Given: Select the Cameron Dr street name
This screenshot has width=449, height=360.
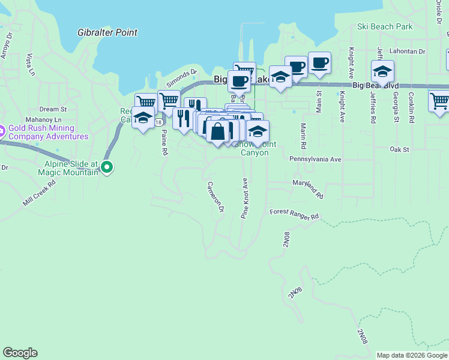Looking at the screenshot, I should [x=215, y=196].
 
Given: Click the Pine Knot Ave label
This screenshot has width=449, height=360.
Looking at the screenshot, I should [x=245, y=198].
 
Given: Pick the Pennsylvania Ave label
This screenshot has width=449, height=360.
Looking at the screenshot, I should [x=315, y=160].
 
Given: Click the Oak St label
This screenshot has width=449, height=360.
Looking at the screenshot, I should [x=399, y=149].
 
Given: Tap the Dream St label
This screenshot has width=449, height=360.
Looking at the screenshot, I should [x=53, y=109].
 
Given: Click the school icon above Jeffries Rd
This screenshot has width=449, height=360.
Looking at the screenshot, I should [x=382, y=72].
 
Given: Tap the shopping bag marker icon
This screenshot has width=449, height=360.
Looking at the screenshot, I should [x=218, y=130].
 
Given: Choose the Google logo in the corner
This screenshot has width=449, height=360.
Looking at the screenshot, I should [x=20, y=353].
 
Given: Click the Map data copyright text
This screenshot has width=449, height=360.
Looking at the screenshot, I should [x=411, y=355].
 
